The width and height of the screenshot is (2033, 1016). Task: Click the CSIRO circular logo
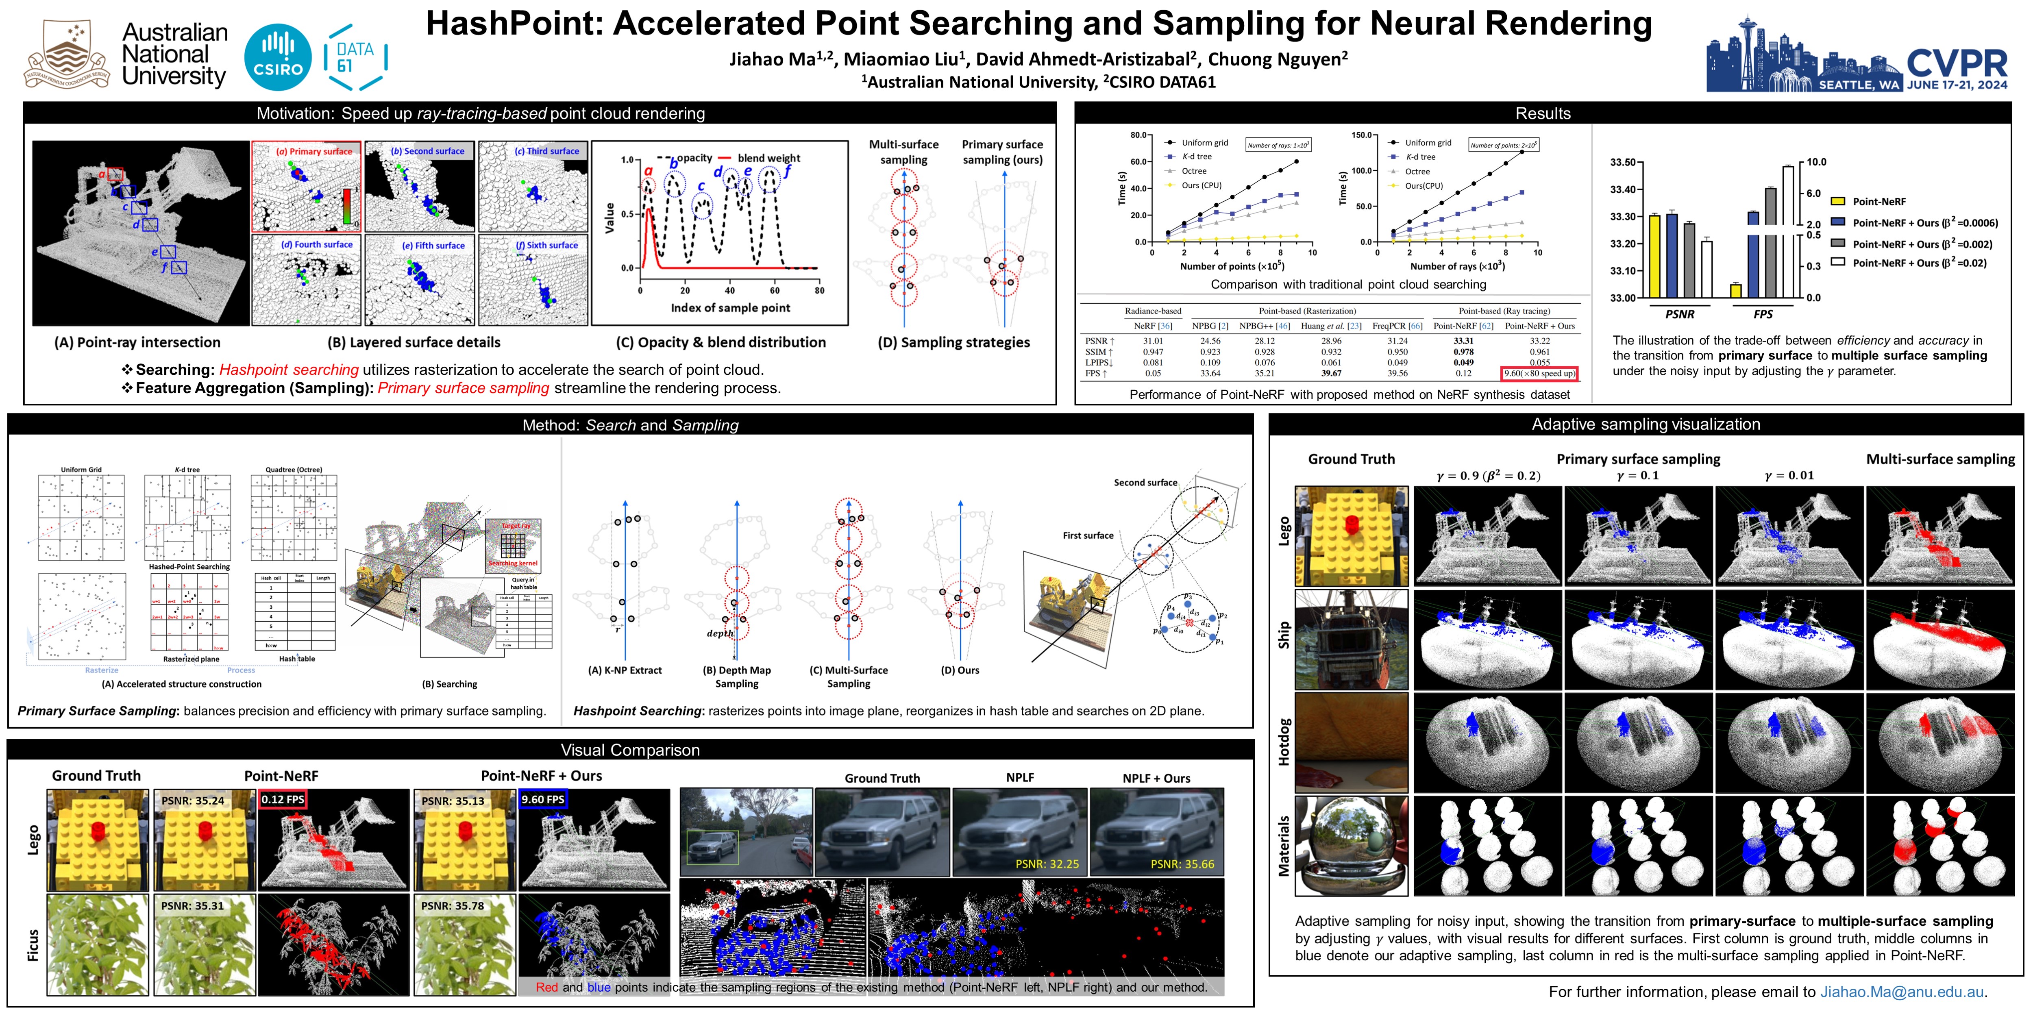278,57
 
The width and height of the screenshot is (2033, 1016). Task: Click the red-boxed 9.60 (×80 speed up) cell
1539,373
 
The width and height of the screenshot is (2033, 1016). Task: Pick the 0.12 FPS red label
283,799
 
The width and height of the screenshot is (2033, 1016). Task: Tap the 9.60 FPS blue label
543,799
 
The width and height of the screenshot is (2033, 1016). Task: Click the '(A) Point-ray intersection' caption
137,342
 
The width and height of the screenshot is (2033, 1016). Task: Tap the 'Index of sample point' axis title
730,308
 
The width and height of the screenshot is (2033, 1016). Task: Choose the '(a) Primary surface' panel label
314,151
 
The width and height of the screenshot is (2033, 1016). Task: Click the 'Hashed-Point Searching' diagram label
189,567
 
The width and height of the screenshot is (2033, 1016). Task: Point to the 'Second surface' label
1145,482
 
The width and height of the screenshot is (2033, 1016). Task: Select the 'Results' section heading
1542,113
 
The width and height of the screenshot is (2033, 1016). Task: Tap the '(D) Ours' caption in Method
960,670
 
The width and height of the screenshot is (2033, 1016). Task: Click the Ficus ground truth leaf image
97,944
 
